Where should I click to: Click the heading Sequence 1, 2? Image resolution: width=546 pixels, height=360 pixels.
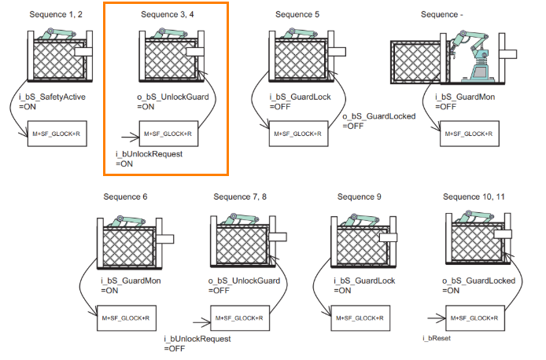56,14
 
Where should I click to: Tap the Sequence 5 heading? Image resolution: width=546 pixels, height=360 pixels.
297,14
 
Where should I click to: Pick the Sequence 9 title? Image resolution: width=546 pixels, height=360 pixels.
359,197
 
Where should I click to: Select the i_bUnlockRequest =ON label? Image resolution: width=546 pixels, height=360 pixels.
149,159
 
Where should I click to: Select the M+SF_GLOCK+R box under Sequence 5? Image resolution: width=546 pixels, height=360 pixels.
297,134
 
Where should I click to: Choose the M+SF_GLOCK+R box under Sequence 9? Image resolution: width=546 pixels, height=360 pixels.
359,318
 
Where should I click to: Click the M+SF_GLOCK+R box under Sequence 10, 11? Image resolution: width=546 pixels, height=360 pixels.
475,318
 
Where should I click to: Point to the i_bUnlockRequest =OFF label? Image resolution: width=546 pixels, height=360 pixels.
197,343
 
